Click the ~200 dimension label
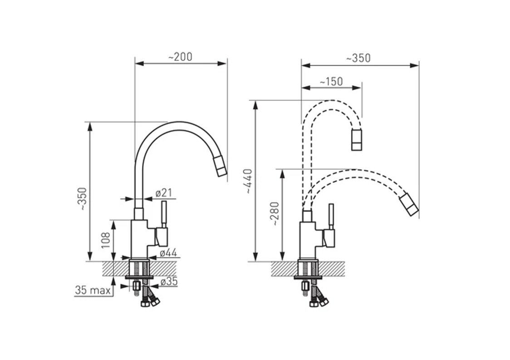tap(180, 57)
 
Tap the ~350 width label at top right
tap(358, 58)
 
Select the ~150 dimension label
tap(331, 81)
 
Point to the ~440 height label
tap(248, 181)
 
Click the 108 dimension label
tap(106, 240)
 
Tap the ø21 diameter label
tap(163, 193)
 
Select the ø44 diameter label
tap(168, 253)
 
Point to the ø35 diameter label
tap(169, 282)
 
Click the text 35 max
tap(93, 290)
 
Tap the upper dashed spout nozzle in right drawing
tap(357, 140)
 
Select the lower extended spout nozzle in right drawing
tap(408, 204)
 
